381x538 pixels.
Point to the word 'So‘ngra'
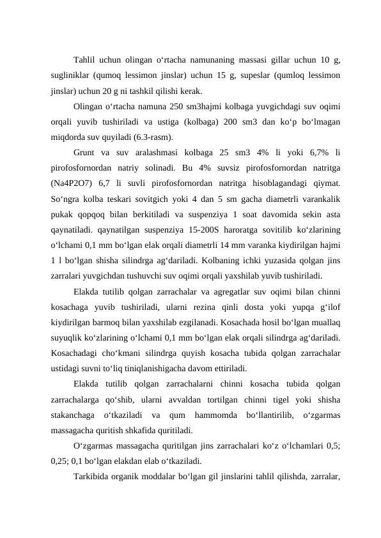[x=65, y=198]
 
